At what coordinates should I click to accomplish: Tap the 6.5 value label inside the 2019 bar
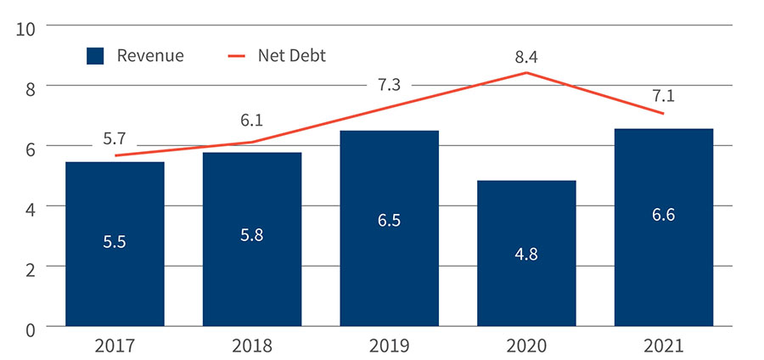[x=389, y=221]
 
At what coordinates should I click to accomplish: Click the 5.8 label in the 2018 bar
[x=251, y=235]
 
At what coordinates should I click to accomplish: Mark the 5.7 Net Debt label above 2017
[x=115, y=138]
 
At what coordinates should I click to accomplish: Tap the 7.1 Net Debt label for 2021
[x=664, y=94]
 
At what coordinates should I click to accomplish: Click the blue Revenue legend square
[x=95, y=56]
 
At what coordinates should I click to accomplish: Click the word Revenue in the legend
[x=150, y=56]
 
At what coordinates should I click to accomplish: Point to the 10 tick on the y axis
[x=25, y=27]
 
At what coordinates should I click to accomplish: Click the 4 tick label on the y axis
[x=29, y=206]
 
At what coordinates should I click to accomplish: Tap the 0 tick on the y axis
[x=29, y=327]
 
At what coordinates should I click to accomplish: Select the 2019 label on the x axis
[x=389, y=346]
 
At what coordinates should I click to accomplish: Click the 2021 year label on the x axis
[x=664, y=346]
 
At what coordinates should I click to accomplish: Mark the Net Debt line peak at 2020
[x=526, y=73]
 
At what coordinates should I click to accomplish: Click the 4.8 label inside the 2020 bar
[x=526, y=253]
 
